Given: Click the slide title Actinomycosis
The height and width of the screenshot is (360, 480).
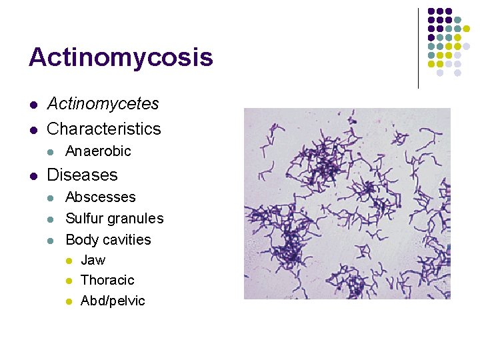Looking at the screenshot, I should click(x=121, y=57).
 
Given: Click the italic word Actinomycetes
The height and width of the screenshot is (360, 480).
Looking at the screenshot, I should click(x=103, y=104).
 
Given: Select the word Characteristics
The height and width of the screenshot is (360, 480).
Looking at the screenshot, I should click(x=104, y=129).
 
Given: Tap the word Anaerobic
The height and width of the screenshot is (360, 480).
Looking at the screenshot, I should click(x=98, y=151).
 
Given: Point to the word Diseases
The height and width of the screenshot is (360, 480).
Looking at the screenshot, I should click(x=82, y=175).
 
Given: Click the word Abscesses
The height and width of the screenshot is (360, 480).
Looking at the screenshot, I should click(x=100, y=197).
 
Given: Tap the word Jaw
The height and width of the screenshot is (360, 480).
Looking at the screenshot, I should click(x=93, y=260).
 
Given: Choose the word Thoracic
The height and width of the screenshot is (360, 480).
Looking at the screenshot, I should click(x=107, y=280).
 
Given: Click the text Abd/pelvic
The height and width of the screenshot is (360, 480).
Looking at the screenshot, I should click(x=113, y=301).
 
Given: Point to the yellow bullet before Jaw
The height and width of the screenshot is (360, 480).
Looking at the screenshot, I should click(x=69, y=261).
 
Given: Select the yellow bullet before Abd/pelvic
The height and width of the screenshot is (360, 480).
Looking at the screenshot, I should click(x=69, y=301).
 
